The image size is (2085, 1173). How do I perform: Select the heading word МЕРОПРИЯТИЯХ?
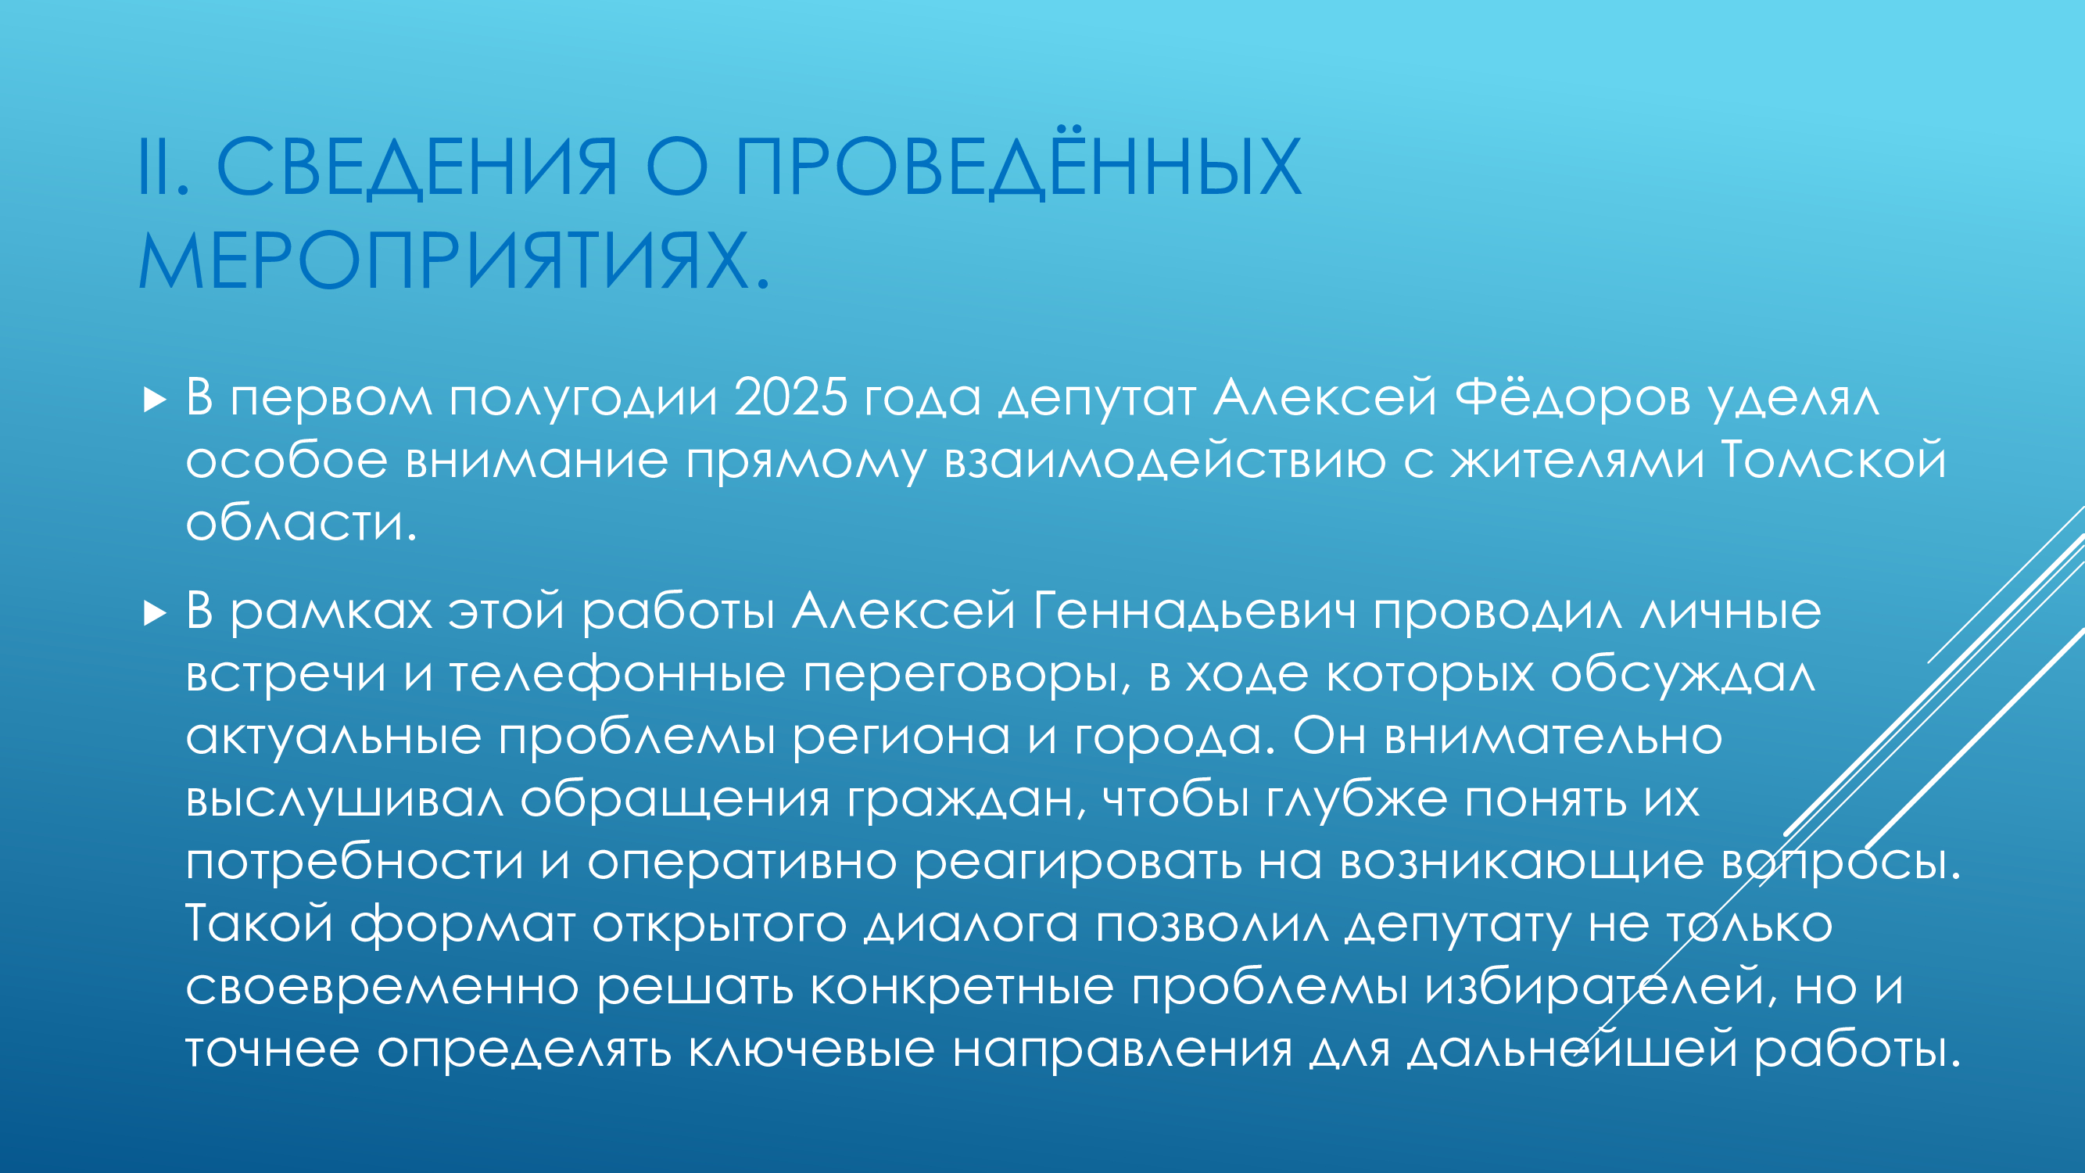click(443, 260)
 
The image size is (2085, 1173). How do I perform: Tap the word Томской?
click(1833, 460)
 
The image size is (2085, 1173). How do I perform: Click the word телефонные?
click(617, 673)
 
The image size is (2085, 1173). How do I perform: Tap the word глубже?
click(1356, 801)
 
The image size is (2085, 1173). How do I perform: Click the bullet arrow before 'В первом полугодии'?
click(155, 400)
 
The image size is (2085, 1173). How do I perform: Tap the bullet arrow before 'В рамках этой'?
click(155, 613)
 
